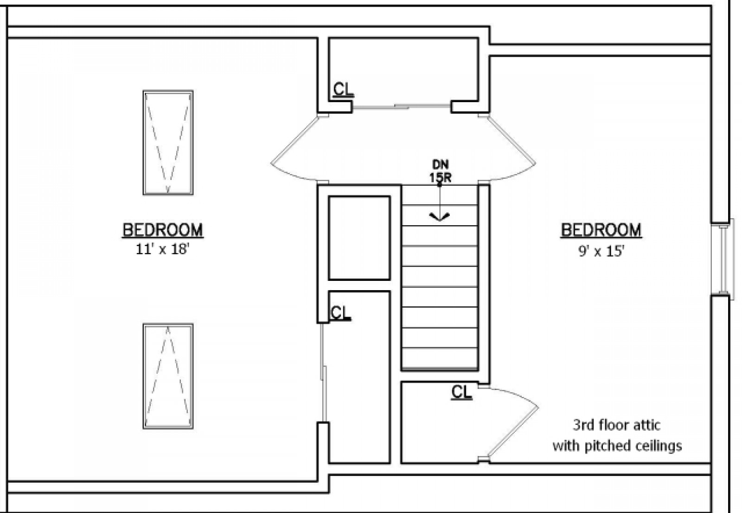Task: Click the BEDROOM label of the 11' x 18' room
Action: click(x=163, y=230)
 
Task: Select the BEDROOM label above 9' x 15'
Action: click(x=601, y=230)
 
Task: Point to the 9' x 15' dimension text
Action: click(x=601, y=251)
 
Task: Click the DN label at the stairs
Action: click(x=441, y=164)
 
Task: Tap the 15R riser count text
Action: click(x=440, y=178)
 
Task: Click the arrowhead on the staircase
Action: click(x=439, y=216)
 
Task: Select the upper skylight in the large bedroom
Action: click(x=168, y=143)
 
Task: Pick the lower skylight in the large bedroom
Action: click(x=168, y=376)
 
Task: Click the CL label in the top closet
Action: click(x=344, y=90)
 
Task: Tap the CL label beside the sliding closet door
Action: click(x=340, y=313)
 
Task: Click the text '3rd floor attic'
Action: click(x=616, y=425)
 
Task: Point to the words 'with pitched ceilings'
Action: click(x=617, y=446)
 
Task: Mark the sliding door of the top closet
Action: click(x=402, y=107)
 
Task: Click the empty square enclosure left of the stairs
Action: click(x=359, y=238)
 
